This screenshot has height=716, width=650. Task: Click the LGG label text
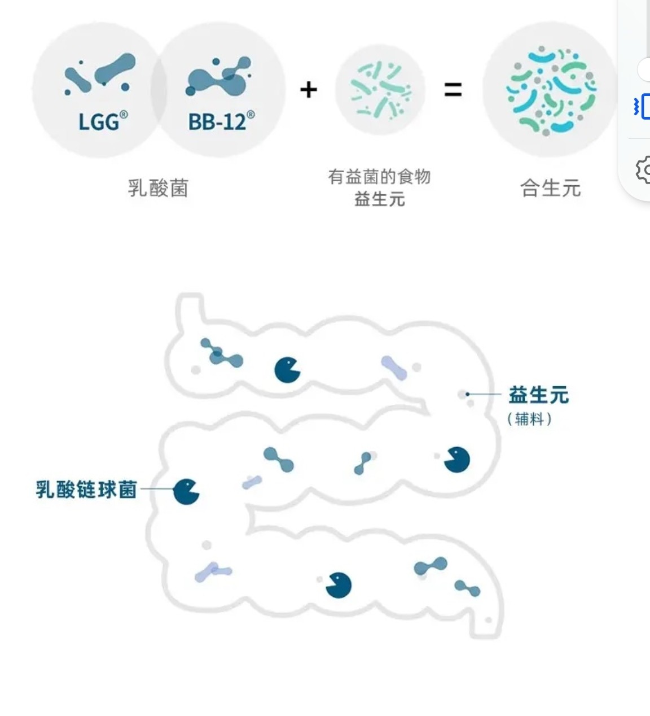pyautogui.click(x=99, y=121)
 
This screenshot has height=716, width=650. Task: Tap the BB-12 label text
pyautogui.click(x=217, y=121)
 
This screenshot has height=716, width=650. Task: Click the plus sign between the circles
pyautogui.click(x=308, y=89)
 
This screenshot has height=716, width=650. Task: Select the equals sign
pyautogui.click(x=453, y=89)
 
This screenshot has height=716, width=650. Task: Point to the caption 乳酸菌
pyautogui.click(x=158, y=188)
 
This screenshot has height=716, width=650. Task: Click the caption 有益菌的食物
pyautogui.click(x=379, y=177)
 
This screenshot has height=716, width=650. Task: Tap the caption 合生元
pyautogui.click(x=550, y=188)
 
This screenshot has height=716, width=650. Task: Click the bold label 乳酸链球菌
pyautogui.click(x=86, y=489)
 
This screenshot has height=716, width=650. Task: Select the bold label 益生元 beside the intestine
pyautogui.click(x=538, y=395)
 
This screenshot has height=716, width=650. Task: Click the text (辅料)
pyautogui.click(x=529, y=419)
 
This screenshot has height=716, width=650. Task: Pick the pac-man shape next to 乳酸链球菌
pyautogui.click(x=186, y=491)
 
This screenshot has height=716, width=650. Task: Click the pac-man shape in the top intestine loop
pyautogui.click(x=287, y=370)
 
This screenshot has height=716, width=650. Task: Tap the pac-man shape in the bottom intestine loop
pyautogui.click(x=339, y=585)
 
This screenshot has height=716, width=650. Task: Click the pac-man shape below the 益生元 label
pyautogui.click(x=457, y=460)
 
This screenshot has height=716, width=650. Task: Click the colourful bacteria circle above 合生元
pyautogui.click(x=550, y=90)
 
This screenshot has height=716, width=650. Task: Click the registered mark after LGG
pyautogui.click(x=124, y=115)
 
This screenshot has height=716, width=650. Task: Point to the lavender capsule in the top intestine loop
pyautogui.click(x=394, y=368)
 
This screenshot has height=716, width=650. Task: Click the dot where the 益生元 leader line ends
pyautogui.click(x=467, y=394)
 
